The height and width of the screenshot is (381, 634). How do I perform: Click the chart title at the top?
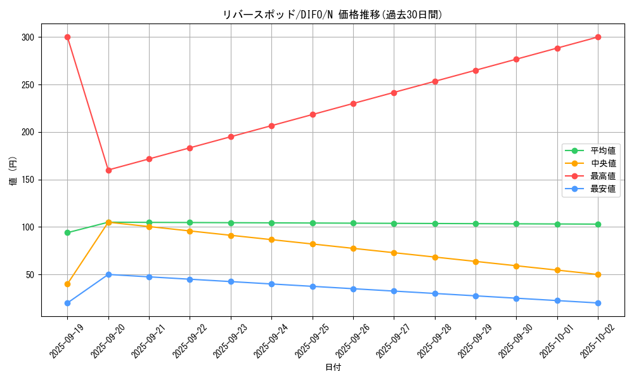[x=332, y=15]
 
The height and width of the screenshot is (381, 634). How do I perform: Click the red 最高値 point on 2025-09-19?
[x=67, y=37]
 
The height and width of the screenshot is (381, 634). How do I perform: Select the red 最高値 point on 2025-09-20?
[x=108, y=170]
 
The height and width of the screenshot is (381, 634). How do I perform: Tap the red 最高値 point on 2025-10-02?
[x=598, y=37]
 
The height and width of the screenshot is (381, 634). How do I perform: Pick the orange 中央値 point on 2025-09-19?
[x=67, y=284]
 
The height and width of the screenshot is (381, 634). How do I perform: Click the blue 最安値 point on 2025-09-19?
[x=67, y=303]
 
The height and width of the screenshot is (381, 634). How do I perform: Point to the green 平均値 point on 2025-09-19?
[x=67, y=232]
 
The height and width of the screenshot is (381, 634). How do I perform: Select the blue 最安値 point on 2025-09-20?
[x=108, y=274]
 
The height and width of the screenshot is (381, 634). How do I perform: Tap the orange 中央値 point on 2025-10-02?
[x=598, y=274]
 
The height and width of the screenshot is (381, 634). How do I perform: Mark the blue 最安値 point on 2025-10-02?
[x=598, y=303]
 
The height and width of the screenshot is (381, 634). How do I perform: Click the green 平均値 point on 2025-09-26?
[x=353, y=223]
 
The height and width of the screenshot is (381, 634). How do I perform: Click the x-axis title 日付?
[x=332, y=368]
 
